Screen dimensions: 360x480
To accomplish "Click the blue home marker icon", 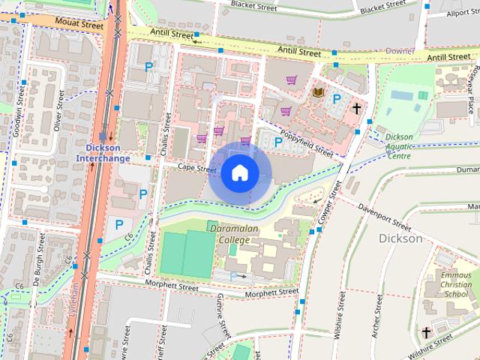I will click(x=239, y=173).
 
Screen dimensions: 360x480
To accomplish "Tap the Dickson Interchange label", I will click(x=103, y=153).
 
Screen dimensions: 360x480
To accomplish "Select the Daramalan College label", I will click(x=234, y=233).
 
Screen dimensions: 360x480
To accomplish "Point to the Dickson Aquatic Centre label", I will click(x=408, y=146).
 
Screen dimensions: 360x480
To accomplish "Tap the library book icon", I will click(x=318, y=92).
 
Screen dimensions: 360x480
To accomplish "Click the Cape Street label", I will click(x=198, y=169).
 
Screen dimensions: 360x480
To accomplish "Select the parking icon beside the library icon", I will click(x=337, y=98).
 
